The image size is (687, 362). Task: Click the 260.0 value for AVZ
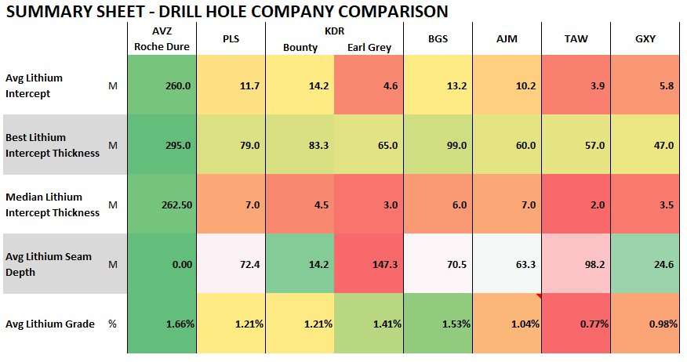tap(176, 85)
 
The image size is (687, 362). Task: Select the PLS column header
tap(231, 40)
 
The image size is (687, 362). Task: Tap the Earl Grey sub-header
tap(369, 48)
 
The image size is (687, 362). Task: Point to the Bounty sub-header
tap(300, 48)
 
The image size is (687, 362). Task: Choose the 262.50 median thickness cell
tap(173, 205)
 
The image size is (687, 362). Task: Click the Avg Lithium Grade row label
tap(49, 324)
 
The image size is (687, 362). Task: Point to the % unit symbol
tap(111, 324)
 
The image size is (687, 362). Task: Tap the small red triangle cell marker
tap(538, 296)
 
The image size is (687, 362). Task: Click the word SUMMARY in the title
tap(47, 11)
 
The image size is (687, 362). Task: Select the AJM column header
tap(506, 40)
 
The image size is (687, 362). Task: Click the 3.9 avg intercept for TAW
tap(596, 85)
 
